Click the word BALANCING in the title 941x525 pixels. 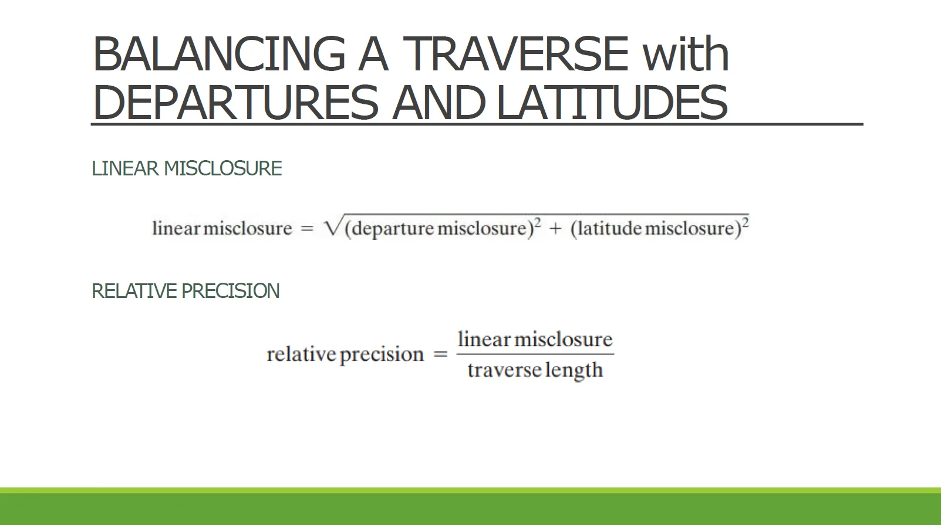[219, 54]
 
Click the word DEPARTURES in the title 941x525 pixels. [235, 102]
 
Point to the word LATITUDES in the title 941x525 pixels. [612, 102]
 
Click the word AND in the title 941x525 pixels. [439, 102]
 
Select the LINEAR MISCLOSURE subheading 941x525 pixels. [187, 168]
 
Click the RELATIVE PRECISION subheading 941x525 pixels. [185, 291]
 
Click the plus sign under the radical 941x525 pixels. [555, 229]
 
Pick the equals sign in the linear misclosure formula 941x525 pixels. [307, 229]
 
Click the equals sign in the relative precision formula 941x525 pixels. [440, 355]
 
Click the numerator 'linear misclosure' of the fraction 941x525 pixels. [535, 339]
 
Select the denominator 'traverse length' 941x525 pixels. [535, 370]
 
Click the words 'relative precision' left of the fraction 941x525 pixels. [345, 354]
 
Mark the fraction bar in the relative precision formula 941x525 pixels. [535, 354]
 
